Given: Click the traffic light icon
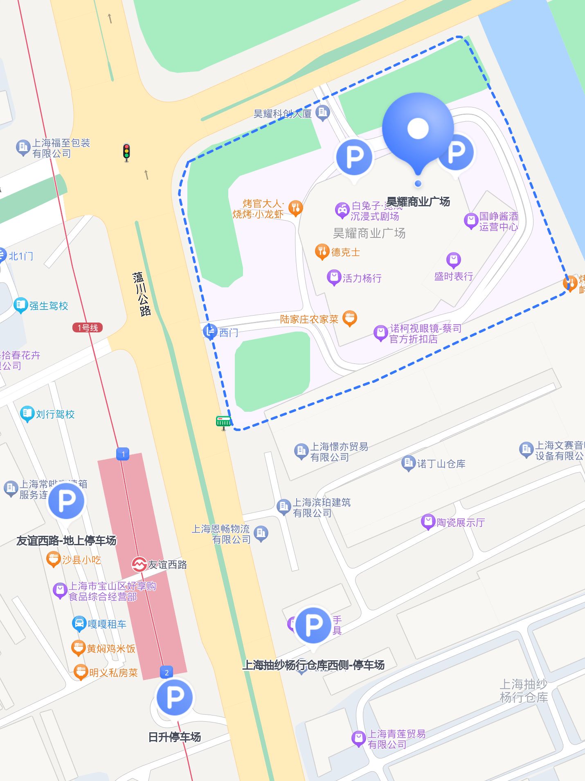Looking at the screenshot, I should (126, 152).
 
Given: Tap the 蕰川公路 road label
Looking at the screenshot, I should (142, 294).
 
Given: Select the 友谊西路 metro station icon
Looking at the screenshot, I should (139, 564).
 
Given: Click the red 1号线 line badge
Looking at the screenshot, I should (88, 327).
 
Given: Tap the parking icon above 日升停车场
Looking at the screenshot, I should (175, 697).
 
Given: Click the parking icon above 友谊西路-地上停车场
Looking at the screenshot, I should (66, 501).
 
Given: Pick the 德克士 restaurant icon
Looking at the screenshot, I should (322, 251).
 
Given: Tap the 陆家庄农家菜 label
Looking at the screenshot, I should (309, 319).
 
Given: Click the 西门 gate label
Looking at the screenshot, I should (228, 332).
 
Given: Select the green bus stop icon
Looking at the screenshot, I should (223, 421).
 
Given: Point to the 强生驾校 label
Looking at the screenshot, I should (48, 306).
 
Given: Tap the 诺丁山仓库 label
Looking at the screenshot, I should (441, 464).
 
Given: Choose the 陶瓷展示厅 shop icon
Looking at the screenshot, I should (428, 522).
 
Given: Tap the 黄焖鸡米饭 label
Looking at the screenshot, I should (111, 648).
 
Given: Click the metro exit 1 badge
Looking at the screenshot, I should (123, 454).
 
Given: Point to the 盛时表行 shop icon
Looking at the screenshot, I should (453, 260).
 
